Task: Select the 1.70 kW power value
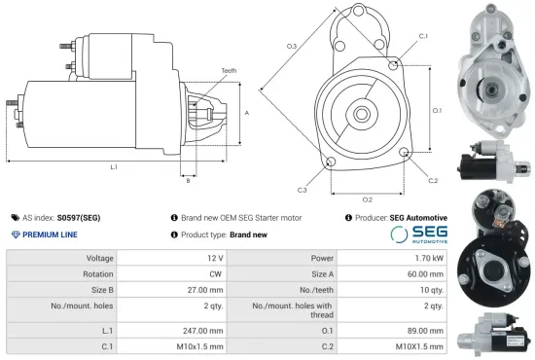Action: pos(423,258)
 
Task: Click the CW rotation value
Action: pos(213,273)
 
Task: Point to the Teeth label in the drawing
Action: pos(229,70)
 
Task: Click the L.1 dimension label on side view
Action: pos(114,167)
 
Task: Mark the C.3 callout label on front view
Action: pos(303,189)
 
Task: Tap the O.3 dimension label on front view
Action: pos(291,46)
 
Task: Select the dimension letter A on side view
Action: pos(247,113)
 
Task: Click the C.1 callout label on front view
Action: pos(423,35)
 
